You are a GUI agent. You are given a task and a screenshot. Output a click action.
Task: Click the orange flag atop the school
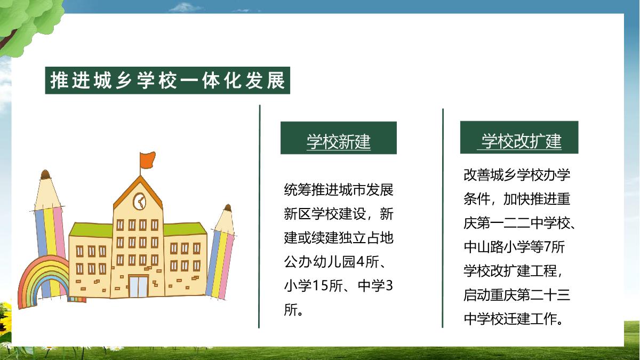[148, 160]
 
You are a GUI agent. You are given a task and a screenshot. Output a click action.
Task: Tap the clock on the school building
[140, 202]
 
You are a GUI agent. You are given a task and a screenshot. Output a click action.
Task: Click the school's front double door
[139, 286]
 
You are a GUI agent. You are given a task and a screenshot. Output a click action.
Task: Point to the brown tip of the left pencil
[45, 174]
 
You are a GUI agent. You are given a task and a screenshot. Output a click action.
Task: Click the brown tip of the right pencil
[228, 207]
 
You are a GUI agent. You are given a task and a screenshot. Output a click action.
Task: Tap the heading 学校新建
[339, 141]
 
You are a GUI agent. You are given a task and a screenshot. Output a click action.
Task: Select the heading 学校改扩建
[522, 141]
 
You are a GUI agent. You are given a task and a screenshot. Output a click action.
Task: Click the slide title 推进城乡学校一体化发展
[167, 81]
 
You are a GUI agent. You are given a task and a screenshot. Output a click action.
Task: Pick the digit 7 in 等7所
[547, 247]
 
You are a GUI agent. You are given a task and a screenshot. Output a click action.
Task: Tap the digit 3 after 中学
[389, 285]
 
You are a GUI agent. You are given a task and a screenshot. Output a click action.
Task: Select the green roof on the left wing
[91, 230]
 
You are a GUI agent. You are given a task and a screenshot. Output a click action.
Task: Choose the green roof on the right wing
[185, 229]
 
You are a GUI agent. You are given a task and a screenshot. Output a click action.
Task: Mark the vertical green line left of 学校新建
[259, 217]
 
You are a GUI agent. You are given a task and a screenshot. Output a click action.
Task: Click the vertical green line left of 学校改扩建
[443, 218]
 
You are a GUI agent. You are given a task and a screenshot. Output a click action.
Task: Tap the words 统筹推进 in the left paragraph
[311, 190]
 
